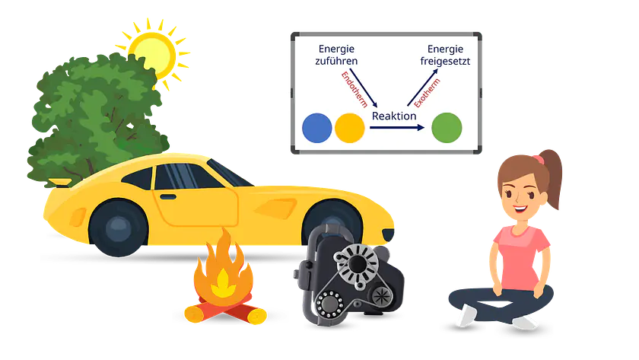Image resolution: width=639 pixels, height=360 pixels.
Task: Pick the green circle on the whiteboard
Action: click(447, 127)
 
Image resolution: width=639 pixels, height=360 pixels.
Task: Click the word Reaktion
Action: click(393, 116)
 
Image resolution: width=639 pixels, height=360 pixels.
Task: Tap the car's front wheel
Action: click(118, 227)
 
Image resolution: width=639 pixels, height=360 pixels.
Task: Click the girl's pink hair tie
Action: click(538, 160)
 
